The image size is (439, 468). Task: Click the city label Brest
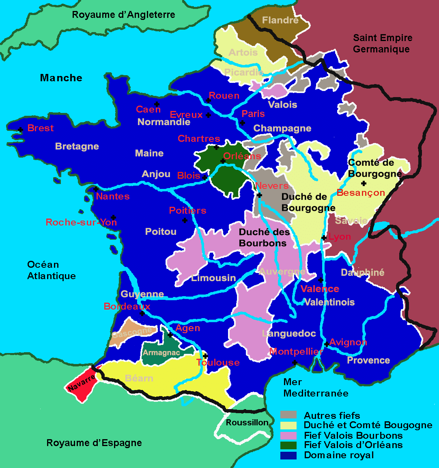(x=40, y=128)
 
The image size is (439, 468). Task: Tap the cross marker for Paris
(x=242, y=123)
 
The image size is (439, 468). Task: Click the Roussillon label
(x=247, y=422)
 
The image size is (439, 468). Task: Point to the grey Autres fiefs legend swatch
(x=288, y=415)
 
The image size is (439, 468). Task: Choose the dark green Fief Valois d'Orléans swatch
(x=288, y=445)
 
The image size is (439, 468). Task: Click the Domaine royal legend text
(x=339, y=455)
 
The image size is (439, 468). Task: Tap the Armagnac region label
(x=161, y=353)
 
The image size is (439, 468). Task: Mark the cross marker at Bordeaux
(x=142, y=314)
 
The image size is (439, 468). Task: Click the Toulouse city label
(x=218, y=362)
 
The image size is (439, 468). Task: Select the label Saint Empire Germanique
(x=382, y=43)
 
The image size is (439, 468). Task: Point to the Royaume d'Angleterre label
(x=123, y=15)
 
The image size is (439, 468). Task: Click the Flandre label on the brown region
(x=280, y=20)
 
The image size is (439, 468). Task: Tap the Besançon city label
(x=361, y=193)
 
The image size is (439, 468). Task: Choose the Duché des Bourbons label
(x=264, y=238)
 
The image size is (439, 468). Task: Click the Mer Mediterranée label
(x=316, y=388)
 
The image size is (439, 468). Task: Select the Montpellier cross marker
(x=295, y=362)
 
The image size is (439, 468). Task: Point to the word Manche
(x=61, y=78)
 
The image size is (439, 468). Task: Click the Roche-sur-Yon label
(x=81, y=222)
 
